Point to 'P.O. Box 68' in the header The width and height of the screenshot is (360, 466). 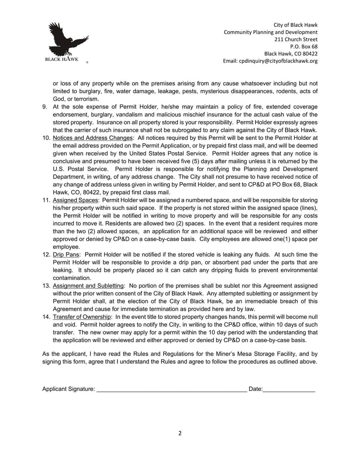coord(304,46)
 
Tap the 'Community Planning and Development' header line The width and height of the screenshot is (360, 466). coord(270,32)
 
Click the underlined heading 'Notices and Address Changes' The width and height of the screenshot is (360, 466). coord(93,138)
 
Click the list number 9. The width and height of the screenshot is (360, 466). coord(45,107)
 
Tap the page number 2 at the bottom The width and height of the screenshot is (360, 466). coord(180,434)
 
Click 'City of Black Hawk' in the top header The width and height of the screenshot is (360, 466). coord(295,25)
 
